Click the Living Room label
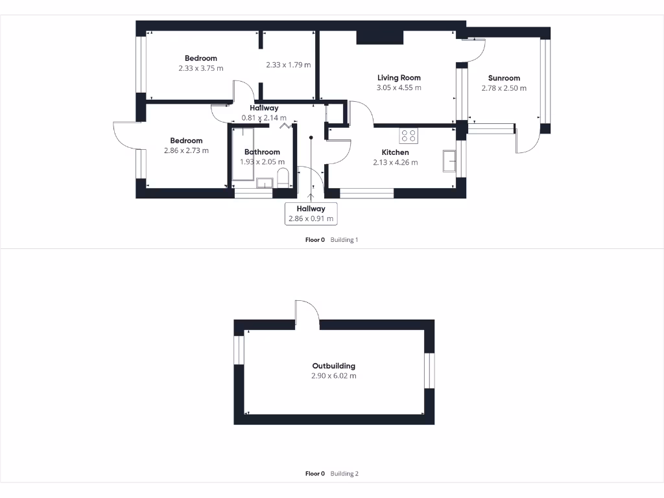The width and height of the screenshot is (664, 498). (399, 78)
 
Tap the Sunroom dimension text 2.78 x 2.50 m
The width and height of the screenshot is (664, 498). (504, 88)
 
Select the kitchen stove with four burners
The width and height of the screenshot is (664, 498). (409, 136)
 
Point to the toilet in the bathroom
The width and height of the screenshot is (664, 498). (283, 178)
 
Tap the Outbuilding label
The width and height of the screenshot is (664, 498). (333, 366)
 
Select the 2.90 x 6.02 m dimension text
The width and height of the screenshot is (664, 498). (333, 375)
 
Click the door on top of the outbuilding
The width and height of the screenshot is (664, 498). (307, 313)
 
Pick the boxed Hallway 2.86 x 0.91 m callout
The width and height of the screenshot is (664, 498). (311, 213)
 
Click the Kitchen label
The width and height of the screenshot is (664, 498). (395, 152)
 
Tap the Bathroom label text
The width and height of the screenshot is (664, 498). (262, 152)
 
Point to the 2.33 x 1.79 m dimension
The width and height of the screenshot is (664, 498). (288, 65)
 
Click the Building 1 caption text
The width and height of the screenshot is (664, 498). (344, 240)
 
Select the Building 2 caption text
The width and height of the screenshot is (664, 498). (344, 474)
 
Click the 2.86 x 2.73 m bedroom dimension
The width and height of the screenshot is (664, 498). (186, 150)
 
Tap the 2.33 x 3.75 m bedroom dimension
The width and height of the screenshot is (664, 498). (200, 68)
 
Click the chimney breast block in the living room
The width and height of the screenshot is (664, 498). (380, 37)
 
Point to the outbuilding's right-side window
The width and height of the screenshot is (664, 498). (429, 371)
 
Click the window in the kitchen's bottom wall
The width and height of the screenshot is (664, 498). (366, 193)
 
